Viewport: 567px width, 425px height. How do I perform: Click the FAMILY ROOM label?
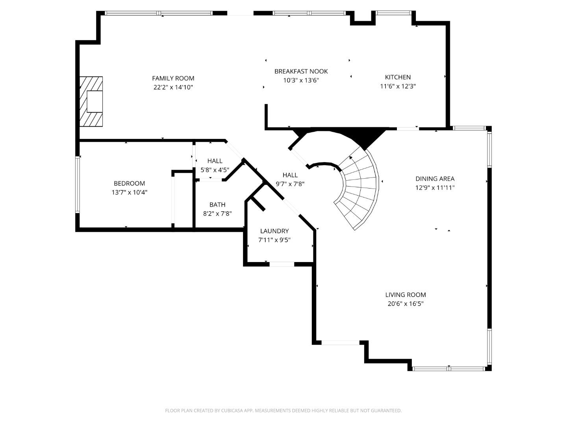[x=173, y=78]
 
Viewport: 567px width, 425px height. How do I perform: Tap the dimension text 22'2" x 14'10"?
[x=173, y=87]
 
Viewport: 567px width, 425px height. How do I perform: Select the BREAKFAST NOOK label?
[x=301, y=71]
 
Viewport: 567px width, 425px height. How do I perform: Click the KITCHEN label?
[x=398, y=77]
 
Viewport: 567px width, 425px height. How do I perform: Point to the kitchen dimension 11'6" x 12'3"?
[x=398, y=86]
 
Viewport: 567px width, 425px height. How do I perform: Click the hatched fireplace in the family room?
[x=91, y=102]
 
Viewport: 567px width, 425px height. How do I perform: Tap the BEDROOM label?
[x=129, y=183]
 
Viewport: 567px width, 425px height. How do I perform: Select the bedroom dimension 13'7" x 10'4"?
[x=129, y=192]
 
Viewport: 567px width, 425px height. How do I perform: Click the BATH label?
[x=217, y=205]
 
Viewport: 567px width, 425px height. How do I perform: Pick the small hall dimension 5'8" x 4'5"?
[x=215, y=170]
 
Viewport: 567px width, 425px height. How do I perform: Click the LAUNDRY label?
[x=274, y=231]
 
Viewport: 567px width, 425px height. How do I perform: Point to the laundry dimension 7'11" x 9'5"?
[x=274, y=240]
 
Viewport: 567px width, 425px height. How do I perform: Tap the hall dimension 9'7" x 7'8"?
[x=290, y=184]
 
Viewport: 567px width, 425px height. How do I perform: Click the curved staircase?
[x=358, y=189]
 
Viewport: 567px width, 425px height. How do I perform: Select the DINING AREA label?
[x=435, y=179]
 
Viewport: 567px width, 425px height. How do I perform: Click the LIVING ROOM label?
[x=405, y=295]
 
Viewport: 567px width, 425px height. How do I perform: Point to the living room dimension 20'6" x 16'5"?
[x=405, y=304]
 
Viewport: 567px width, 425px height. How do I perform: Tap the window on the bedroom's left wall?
[x=78, y=184]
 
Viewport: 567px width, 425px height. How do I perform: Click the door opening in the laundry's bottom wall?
[x=282, y=264]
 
